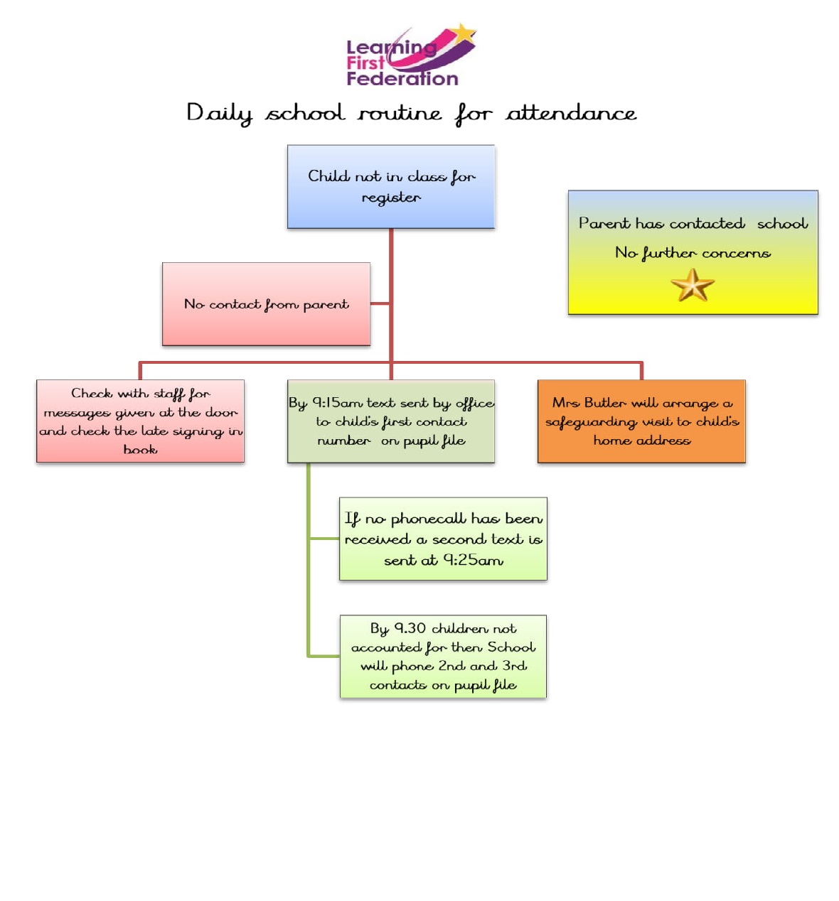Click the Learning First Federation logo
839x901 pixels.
[x=411, y=55]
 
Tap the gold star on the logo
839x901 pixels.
[x=462, y=33]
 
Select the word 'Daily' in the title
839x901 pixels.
[x=220, y=114]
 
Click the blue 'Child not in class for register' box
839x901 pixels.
[x=391, y=186]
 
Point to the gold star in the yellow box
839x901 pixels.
[x=693, y=285]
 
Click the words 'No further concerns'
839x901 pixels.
[x=693, y=253]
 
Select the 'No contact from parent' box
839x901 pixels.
[x=266, y=304]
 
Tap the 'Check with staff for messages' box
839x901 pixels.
[x=140, y=421]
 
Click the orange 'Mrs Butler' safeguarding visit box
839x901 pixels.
[x=641, y=421]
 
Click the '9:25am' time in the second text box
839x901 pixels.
[x=474, y=561]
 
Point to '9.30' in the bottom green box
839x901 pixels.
[x=410, y=628]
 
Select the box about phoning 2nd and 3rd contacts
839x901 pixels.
[x=443, y=657]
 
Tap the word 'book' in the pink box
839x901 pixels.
[x=141, y=449]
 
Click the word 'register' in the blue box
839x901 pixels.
[x=391, y=198]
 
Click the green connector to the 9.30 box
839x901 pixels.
[x=324, y=656]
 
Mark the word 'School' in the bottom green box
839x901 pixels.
[x=512, y=647]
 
